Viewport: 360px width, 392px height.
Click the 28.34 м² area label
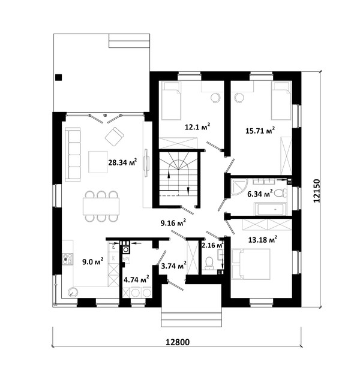(x=122, y=162)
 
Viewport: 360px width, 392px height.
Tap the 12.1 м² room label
(x=197, y=126)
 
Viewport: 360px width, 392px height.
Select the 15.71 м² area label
(x=260, y=131)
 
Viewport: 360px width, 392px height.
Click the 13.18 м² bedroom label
(x=263, y=240)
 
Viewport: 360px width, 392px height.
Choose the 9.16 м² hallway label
(x=173, y=223)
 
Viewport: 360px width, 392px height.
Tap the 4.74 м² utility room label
(x=137, y=279)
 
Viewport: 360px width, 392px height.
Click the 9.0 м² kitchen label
(x=93, y=262)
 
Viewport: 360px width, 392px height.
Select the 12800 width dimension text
(x=178, y=342)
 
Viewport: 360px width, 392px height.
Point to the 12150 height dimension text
(x=316, y=191)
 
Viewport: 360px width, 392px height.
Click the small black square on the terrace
(x=59, y=77)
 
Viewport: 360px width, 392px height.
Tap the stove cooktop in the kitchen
(x=68, y=260)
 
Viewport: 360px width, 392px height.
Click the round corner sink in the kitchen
(x=73, y=292)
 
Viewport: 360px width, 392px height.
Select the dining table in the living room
(x=101, y=206)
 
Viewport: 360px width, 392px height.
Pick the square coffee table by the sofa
(x=98, y=162)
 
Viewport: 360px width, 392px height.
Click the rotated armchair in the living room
(x=115, y=137)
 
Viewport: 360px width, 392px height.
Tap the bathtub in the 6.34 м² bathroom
(x=270, y=209)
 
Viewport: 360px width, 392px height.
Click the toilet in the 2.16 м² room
(x=209, y=263)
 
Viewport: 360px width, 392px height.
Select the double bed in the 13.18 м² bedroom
(x=251, y=264)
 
